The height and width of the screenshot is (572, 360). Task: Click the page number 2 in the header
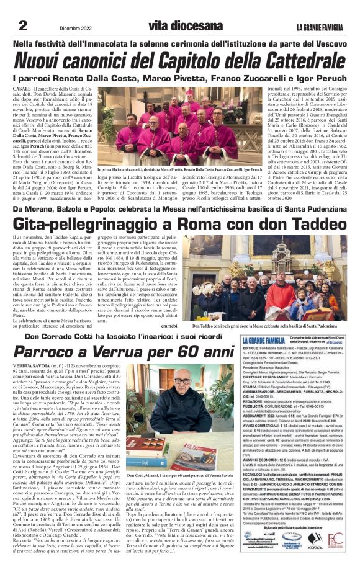(x=22, y=25)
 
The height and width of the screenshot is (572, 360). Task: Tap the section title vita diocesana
(x=180, y=25)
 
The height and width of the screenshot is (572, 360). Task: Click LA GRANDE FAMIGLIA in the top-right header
(x=319, y=26)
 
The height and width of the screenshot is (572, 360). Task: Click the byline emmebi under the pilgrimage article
(x=169, y=324)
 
